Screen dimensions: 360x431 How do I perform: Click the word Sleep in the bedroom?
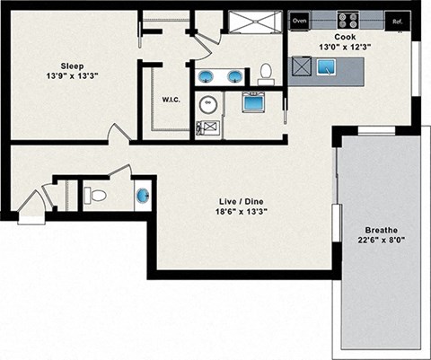[x=73, y=66]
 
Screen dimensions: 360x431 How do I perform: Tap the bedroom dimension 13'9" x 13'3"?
[x=73, y=76]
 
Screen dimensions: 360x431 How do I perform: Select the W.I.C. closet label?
[x=172, y=99]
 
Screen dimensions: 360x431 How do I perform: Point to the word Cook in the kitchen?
[x=345, y=37]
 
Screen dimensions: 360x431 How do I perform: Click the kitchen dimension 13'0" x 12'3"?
[x=345, y=47]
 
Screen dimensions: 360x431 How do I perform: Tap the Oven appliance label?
[x=299, y=20]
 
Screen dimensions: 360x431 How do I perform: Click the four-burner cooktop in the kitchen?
[x=347, y=20]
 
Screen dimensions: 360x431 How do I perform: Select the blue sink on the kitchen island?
[x=325, y=66]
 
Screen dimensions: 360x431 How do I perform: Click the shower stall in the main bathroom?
[x=254, y=22]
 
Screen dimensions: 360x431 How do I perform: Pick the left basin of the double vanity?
[x=206, y=75]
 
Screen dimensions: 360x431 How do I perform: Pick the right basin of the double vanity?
[x=235, y=75]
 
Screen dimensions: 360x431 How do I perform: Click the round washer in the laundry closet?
[x=208, y=106]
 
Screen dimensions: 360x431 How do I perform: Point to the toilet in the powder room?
[x=96, y=194]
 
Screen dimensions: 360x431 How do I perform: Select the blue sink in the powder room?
[x=143, y=195]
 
